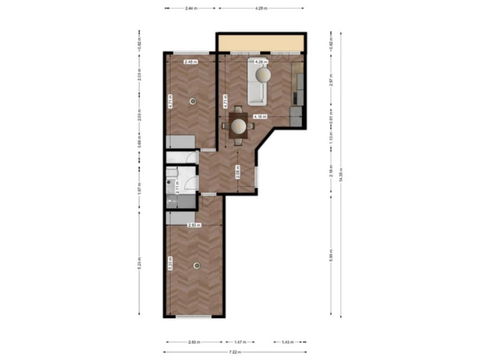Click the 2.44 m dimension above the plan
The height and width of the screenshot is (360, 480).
[x=191, y=8]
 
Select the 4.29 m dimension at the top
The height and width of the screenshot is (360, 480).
[x=261, y=8]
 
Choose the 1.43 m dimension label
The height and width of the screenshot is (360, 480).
[x=287, y=342]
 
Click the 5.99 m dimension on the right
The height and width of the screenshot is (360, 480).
[x=331, y=257]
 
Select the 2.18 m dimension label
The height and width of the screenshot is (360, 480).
[x=331, y=171]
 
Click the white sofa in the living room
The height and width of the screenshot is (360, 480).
[x=257, y=82]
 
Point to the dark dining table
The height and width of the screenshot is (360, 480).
[x=238, y=125]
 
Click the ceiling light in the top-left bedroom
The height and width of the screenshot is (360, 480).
[x=191, y=101]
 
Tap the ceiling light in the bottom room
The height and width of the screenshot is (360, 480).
[x=196, y=265]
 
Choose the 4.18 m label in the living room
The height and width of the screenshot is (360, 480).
[x=260, y=116]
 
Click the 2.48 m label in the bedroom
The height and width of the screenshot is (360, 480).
[x=190, y=63]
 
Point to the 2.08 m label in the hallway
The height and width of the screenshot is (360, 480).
[x=238, y=171]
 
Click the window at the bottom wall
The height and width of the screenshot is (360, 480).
[x=194, y=317]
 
